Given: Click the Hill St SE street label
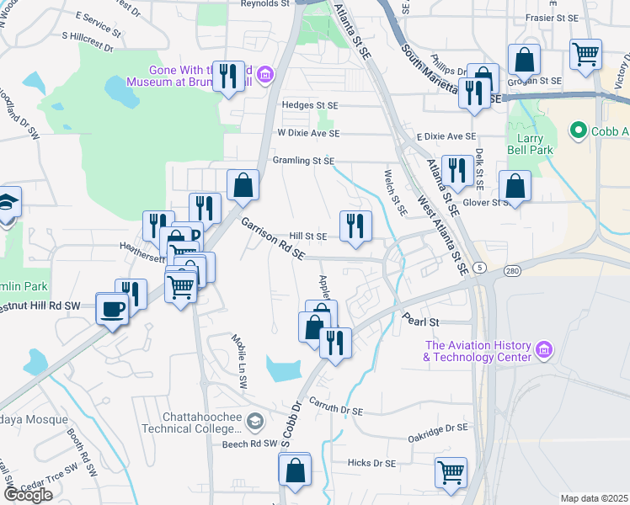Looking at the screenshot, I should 307,237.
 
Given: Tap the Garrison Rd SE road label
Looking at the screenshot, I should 272,240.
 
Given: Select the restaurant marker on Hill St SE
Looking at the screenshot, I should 355,226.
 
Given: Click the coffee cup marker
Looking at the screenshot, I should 112,308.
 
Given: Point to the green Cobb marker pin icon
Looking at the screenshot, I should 578,131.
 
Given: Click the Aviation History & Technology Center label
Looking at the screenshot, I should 478,351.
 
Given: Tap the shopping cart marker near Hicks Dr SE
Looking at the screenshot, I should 451,471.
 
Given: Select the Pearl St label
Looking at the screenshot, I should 421,322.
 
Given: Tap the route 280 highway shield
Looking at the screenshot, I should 512,271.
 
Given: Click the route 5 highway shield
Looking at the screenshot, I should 479,267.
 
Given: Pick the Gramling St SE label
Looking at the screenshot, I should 303,161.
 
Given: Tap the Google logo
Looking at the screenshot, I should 28,494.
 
